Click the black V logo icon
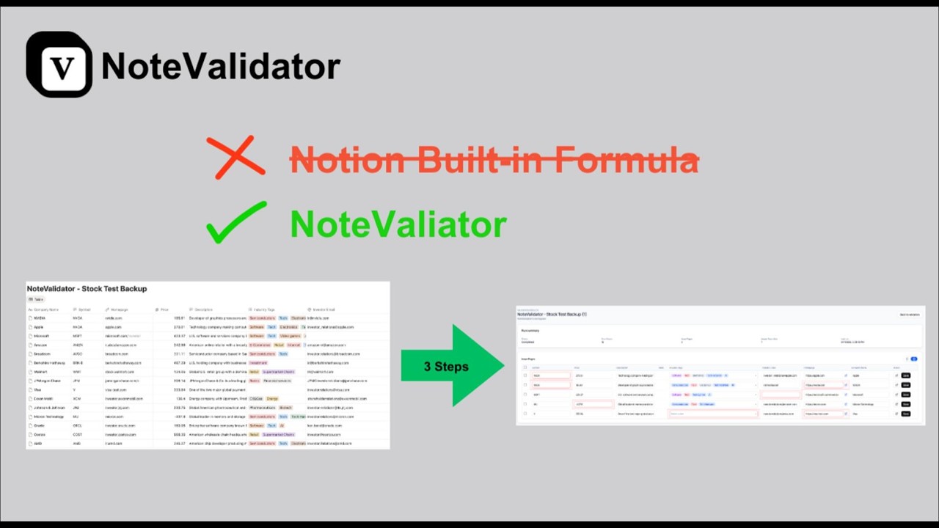pyautogui.click(x=59, y=65)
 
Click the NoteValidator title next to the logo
pyautogui.click(x=221, y=66)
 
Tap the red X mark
pyautogui.click(x=235, y=156)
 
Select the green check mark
pyautogui.click(x=236, y=223)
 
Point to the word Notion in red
pyautogui.click(x=347, y=159)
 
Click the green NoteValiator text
pyautogui.click(x=398, y=224)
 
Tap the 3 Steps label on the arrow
pyautogui.click(x=445, y=367)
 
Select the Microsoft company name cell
pyautogui.click(x=41, y=336)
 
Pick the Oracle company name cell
pyautogui.click(x=39, y=425)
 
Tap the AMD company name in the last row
pyautogui.click(x=38, y=443)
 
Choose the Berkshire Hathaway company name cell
pyautogui.click(x=50, y=363)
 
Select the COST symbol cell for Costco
pyautogui.click(x=78, y=434)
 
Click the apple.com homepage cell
pyautogui.click(x=113, y=327)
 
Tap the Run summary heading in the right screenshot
pyautogui.click(x=530, y=331)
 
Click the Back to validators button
pyautogui.click(x=909, y=315)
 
